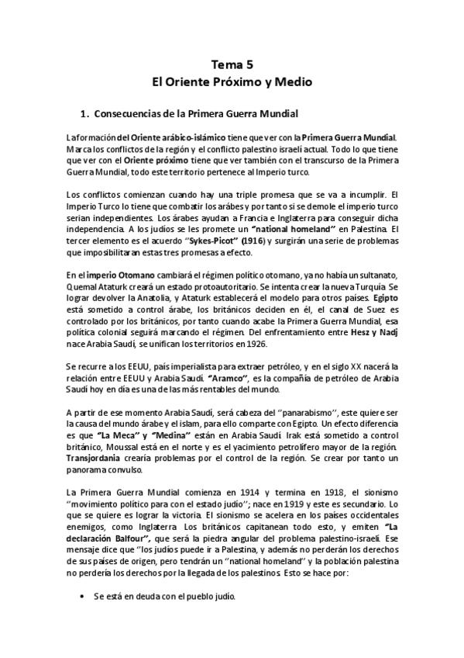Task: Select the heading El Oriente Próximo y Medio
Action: (232, 81)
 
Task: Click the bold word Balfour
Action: (124, 538)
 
